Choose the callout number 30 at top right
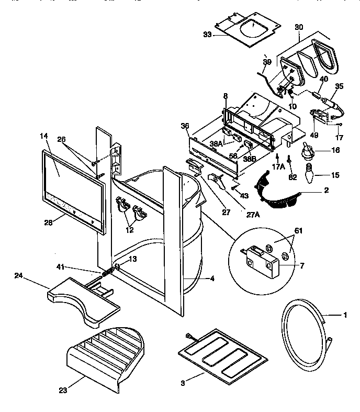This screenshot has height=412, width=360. point(298,27)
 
